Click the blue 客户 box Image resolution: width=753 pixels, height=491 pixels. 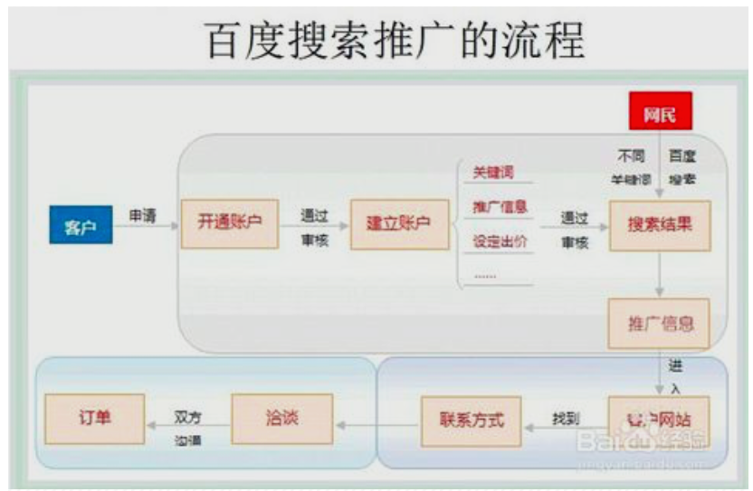(x=81, y=225)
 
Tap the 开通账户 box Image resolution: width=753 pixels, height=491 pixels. (x=229, y=222)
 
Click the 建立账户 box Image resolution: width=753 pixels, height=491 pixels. (x=398, y=222)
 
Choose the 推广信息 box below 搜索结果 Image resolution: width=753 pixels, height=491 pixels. (x=660, y=323)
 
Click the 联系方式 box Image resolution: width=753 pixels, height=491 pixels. (x=471, y=420)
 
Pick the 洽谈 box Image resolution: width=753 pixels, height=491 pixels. (x=282, y=419)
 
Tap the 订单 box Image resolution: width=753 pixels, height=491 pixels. (x=95, y=419)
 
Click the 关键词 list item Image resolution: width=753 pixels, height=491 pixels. (x=493, y=173)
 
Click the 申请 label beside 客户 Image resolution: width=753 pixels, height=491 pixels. (x=143, y=216)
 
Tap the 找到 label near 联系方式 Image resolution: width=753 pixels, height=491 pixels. (x=566, y=419)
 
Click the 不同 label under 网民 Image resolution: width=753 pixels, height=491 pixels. (x=631, y=156)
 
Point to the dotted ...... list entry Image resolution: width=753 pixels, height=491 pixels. (x=485, y=275)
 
